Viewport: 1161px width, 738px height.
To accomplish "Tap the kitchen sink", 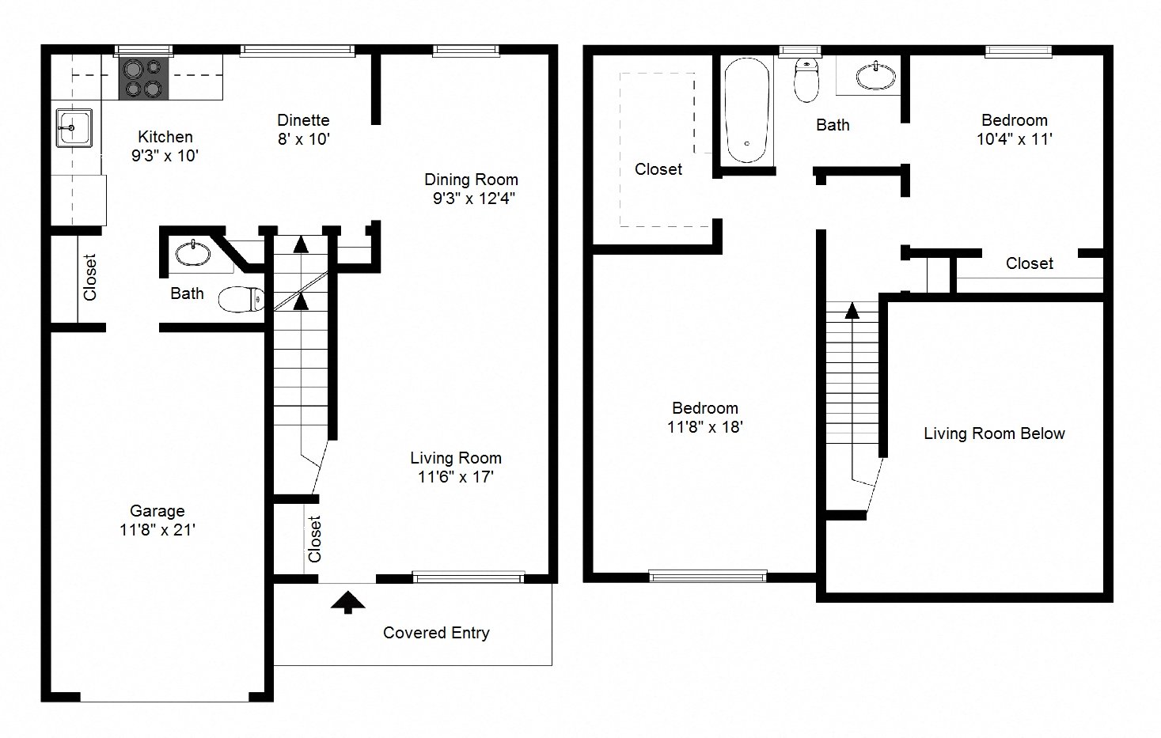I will coord(73,127).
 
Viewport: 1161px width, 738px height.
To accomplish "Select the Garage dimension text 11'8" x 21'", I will coord(157,530).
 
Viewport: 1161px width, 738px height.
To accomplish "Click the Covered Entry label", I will coord(436,633).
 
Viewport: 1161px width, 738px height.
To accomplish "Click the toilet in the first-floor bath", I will coord(241,299).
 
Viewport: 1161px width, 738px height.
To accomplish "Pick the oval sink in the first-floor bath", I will coord(193,254).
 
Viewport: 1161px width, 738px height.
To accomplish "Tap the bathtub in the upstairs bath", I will coord(746,110).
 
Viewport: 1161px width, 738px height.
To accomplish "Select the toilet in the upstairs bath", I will coord(806,81).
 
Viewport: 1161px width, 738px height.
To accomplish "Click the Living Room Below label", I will coord(994,433).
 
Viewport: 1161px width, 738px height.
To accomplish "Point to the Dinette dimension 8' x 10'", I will coord(303,139).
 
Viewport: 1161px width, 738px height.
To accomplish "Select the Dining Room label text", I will coord(471,180).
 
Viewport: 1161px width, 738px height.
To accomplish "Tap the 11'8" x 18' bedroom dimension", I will coord(704,427).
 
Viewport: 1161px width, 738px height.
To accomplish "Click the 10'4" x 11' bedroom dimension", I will coord(1014,139).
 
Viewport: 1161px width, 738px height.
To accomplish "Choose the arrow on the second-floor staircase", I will coord(852,310).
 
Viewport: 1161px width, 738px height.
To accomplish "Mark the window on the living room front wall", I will coord(468,577).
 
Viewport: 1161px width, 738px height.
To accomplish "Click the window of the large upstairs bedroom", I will coord(708,577).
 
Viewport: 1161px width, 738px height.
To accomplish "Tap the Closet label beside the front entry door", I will coord(315,539).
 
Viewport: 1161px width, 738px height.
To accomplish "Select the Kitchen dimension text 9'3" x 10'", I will coord(165,156).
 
